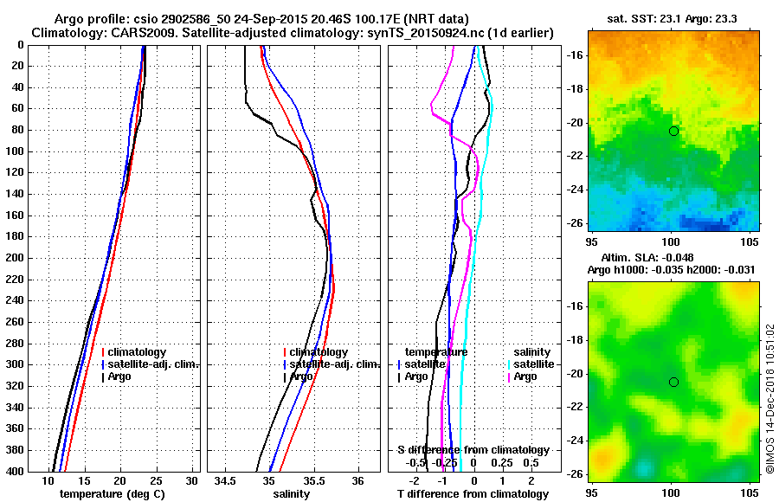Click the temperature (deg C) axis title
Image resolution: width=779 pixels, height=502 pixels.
tap(112, 493)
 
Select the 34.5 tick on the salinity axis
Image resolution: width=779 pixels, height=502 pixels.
tap(226, 480)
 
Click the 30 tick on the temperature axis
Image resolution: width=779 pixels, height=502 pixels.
tap(191, 480)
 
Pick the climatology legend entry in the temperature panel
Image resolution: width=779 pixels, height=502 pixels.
tap(135, 352)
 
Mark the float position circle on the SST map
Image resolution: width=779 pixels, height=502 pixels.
tap(673, 131)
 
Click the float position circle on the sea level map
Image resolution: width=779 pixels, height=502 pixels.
tap(673, 382)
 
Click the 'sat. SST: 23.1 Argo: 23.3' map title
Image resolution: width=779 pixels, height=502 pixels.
tap(671, 19)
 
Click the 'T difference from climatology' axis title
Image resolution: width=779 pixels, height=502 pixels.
tap(473, 493)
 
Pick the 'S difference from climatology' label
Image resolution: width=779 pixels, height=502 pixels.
tap(473, 450)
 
